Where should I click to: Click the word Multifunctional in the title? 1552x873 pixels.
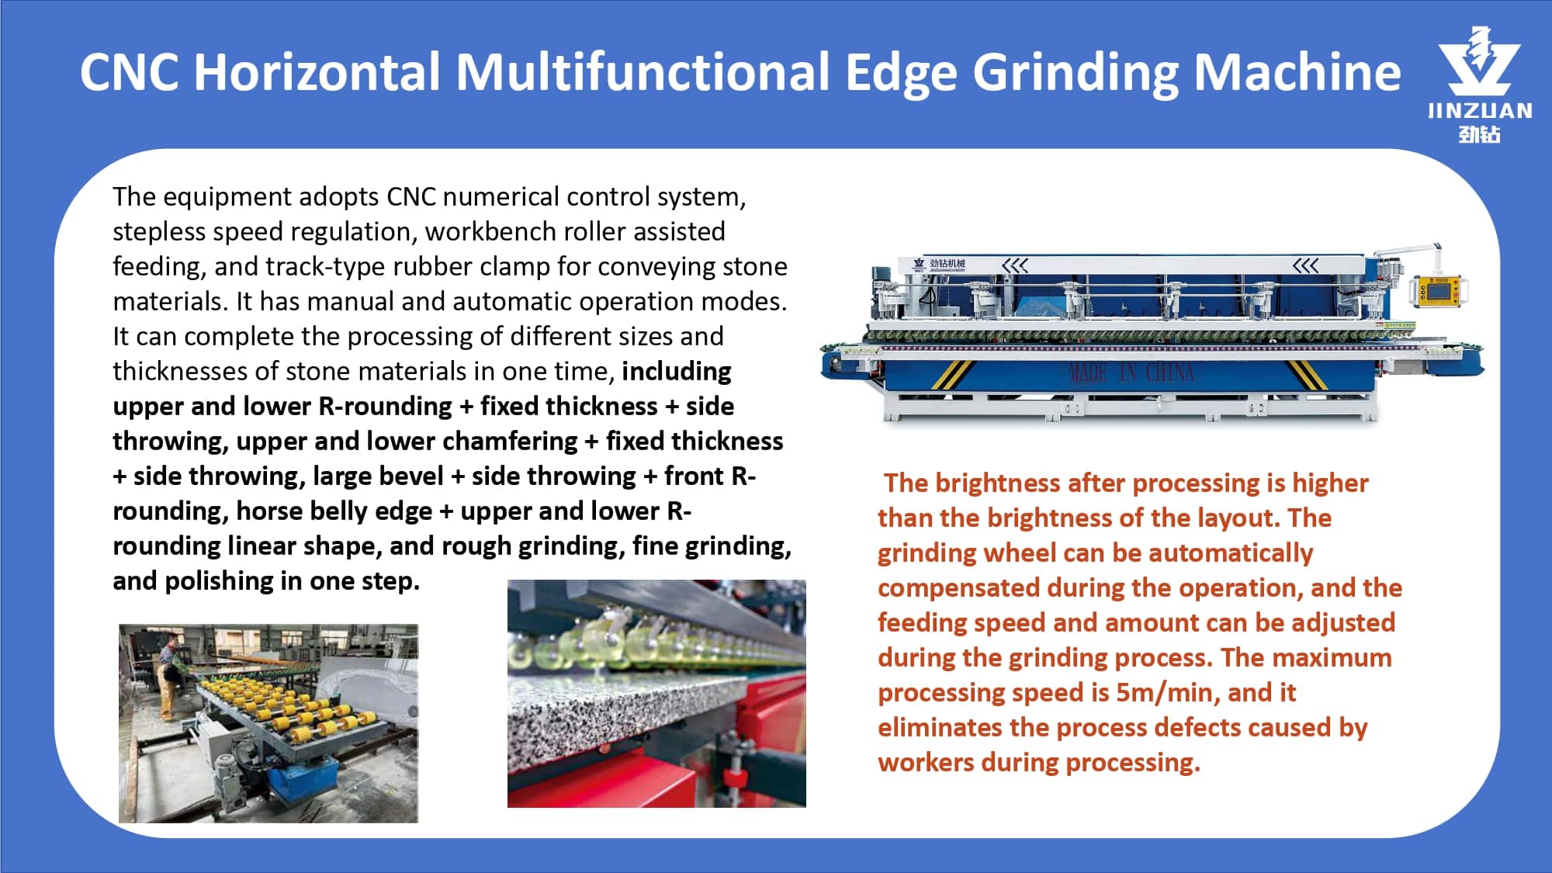pyautogui.click(x=643, y=71)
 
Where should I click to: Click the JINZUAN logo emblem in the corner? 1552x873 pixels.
pyautogui.click(x=1479, y=61)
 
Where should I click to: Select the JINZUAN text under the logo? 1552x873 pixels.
pyautogui.click(x=1480, y=111)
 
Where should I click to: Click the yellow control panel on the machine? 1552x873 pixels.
pyautogui.click(x=1436, y=291)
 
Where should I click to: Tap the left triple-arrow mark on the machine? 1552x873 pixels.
pyautogui.click(x=1015, y=266)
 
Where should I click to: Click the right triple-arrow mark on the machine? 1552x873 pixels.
pyautogui.click(x=1305, y=266)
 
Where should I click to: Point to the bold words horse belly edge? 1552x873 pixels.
pyautogui.click(x=334, y=511)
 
